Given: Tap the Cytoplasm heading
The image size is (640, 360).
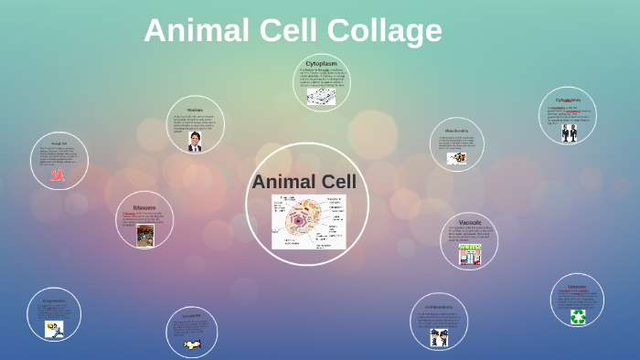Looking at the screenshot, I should [321, 64].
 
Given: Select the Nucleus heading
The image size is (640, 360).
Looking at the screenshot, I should [195, 110].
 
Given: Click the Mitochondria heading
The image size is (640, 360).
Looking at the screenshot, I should [457, 131].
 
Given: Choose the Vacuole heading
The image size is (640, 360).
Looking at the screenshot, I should [469, 221].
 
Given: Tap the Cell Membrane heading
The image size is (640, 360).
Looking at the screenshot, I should [439, 307].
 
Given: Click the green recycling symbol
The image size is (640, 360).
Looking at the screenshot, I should [578, 316].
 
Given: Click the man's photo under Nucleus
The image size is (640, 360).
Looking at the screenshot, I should [195, 142].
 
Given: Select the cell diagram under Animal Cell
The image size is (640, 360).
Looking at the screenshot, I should [308, 222].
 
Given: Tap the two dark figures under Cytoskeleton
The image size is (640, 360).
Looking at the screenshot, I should [569, 132].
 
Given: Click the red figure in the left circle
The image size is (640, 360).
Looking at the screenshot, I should [57, 175].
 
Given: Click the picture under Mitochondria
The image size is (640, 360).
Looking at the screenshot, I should [456, 158].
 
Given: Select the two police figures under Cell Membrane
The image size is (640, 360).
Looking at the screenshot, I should [439, 336].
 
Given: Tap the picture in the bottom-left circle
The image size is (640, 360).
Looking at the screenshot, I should [54, 329].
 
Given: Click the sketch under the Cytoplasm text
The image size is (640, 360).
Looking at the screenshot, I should [321, 96].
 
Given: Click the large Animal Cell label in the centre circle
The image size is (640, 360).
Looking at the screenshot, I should [304, 182].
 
